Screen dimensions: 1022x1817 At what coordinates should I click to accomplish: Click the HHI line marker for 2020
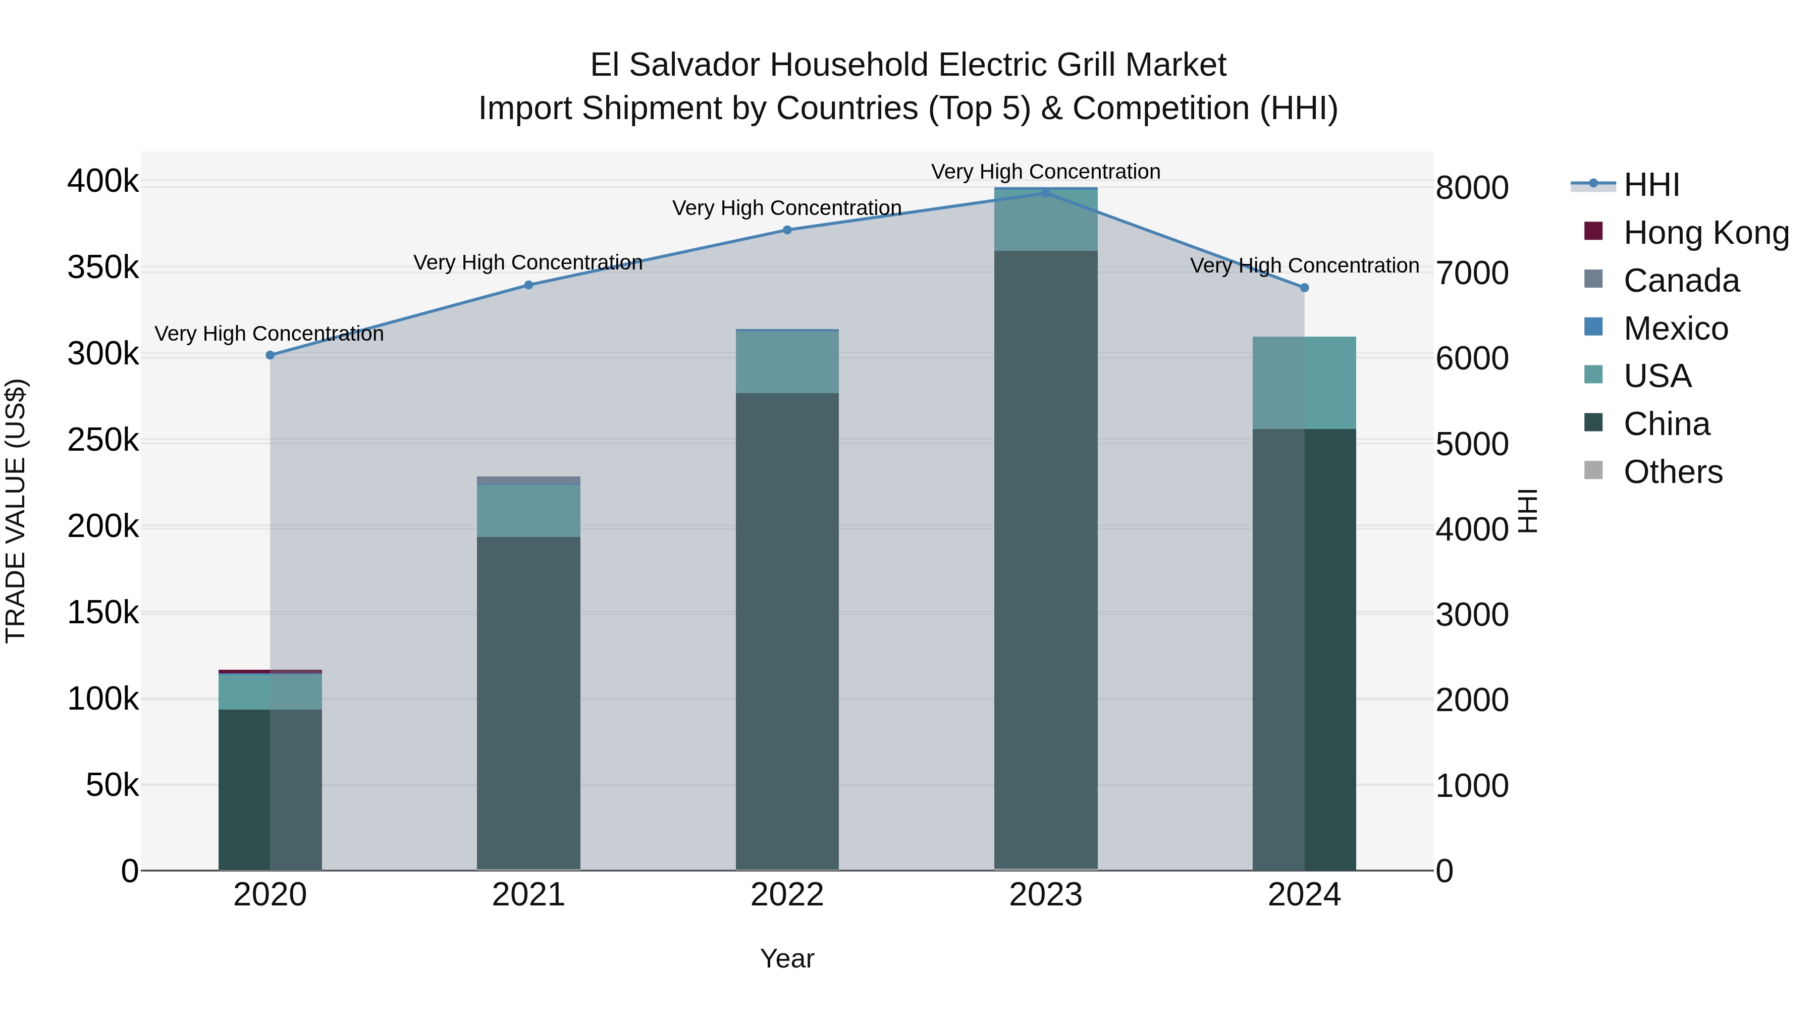270,355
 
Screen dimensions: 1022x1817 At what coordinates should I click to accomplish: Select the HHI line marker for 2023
1046,193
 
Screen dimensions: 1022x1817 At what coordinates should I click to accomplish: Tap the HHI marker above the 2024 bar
1304,288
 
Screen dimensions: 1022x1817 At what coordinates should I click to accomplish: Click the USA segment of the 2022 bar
787,362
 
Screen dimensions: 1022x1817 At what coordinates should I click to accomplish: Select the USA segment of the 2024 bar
1304,383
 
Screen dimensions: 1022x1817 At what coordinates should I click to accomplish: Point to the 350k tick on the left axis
103,268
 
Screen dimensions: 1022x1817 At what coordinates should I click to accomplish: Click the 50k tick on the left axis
112,785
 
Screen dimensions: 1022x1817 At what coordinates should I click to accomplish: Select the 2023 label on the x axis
1046,895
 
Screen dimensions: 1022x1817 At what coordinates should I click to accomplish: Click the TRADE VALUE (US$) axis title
16,511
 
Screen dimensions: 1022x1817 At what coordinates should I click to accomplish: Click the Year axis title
787,958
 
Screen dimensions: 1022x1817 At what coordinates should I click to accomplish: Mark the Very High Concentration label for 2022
787,208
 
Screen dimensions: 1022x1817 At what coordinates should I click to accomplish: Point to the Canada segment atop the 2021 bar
528,480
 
